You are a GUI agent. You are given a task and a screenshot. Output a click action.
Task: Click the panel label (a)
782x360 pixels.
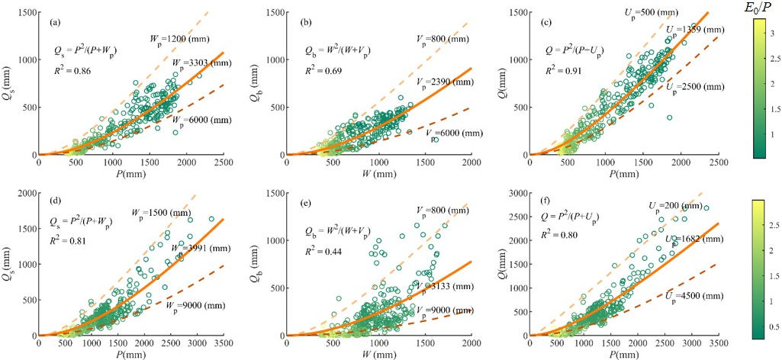coord(55,22)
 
